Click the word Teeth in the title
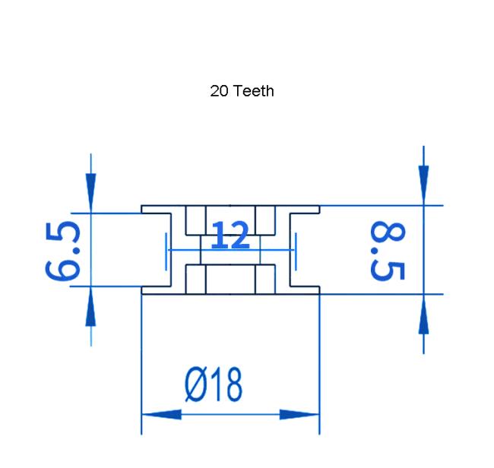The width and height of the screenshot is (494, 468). pos(255,91)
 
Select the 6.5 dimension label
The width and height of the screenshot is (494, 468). pos(62,251)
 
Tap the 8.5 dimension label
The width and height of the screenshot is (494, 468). pos(388,251)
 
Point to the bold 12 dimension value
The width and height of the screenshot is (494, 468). pos(230,235)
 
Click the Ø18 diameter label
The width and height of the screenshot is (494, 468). pos(214,384)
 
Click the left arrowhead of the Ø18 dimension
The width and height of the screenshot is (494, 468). pos(162,415)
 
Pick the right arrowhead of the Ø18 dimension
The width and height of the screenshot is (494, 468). pos(299,415)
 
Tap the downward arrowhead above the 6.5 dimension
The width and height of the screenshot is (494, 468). pos(90,193)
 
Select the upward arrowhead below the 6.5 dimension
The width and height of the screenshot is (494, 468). pos(90,306)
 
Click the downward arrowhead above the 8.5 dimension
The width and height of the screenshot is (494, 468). pos(423,185)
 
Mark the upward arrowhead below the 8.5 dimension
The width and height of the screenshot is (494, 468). pos(423,315)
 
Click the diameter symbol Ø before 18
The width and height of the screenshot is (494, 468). pos(195,384)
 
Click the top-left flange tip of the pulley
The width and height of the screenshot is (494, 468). pos(141,206)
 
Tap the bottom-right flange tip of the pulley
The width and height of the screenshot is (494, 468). pos(320,294)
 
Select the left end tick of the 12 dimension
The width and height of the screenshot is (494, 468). pos(166,251)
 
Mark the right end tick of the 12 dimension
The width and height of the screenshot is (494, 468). pos(296,251)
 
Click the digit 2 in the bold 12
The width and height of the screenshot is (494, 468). pos(239,235)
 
